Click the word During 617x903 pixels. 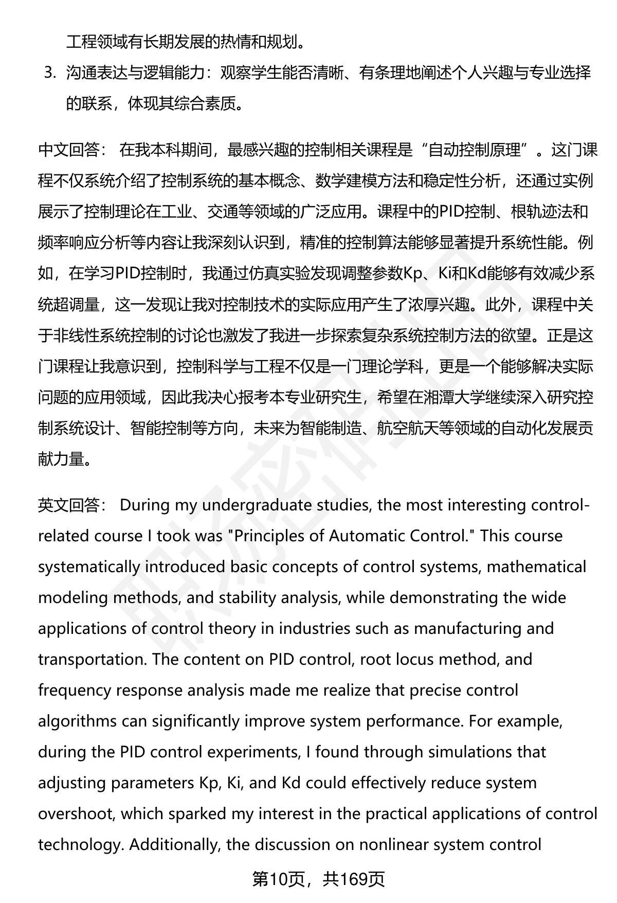145,505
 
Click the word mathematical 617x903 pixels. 536,567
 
